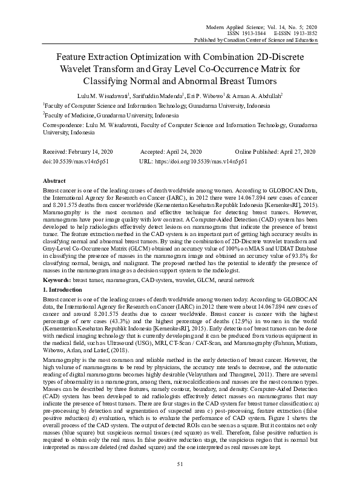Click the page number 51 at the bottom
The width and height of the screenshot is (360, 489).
pos(180,464)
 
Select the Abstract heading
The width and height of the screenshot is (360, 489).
pos(55,181)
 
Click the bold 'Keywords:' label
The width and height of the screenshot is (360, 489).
pos(57,281)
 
